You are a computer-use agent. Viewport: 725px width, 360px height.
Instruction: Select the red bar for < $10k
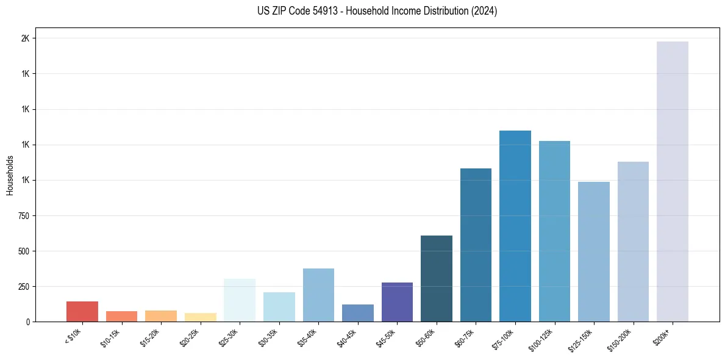tap(82, 311)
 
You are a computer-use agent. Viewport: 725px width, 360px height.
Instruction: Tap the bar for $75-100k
tap(515, 226)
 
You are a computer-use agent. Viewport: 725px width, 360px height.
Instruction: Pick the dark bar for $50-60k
tap(437, 278)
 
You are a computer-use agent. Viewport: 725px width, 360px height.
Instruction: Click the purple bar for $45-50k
tap(397, 302)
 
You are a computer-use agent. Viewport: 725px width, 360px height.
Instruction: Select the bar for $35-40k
tap(318, 295)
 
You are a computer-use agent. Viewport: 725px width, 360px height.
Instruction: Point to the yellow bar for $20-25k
tap(201, 317)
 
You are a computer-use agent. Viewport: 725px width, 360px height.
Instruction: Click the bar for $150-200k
tap(633, 242)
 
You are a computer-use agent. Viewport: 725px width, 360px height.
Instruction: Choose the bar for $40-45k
tap(358, 313)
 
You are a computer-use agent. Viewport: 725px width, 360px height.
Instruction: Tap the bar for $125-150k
tap(594, 251)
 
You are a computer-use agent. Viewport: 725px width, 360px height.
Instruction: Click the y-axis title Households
tap(10, 175)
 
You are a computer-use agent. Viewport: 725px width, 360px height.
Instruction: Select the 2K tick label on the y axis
tap(25, 38)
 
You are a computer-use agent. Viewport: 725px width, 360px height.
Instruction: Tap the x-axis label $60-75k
tap(467, 337)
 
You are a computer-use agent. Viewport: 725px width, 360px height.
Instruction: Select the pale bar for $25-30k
tap(240, 300)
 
